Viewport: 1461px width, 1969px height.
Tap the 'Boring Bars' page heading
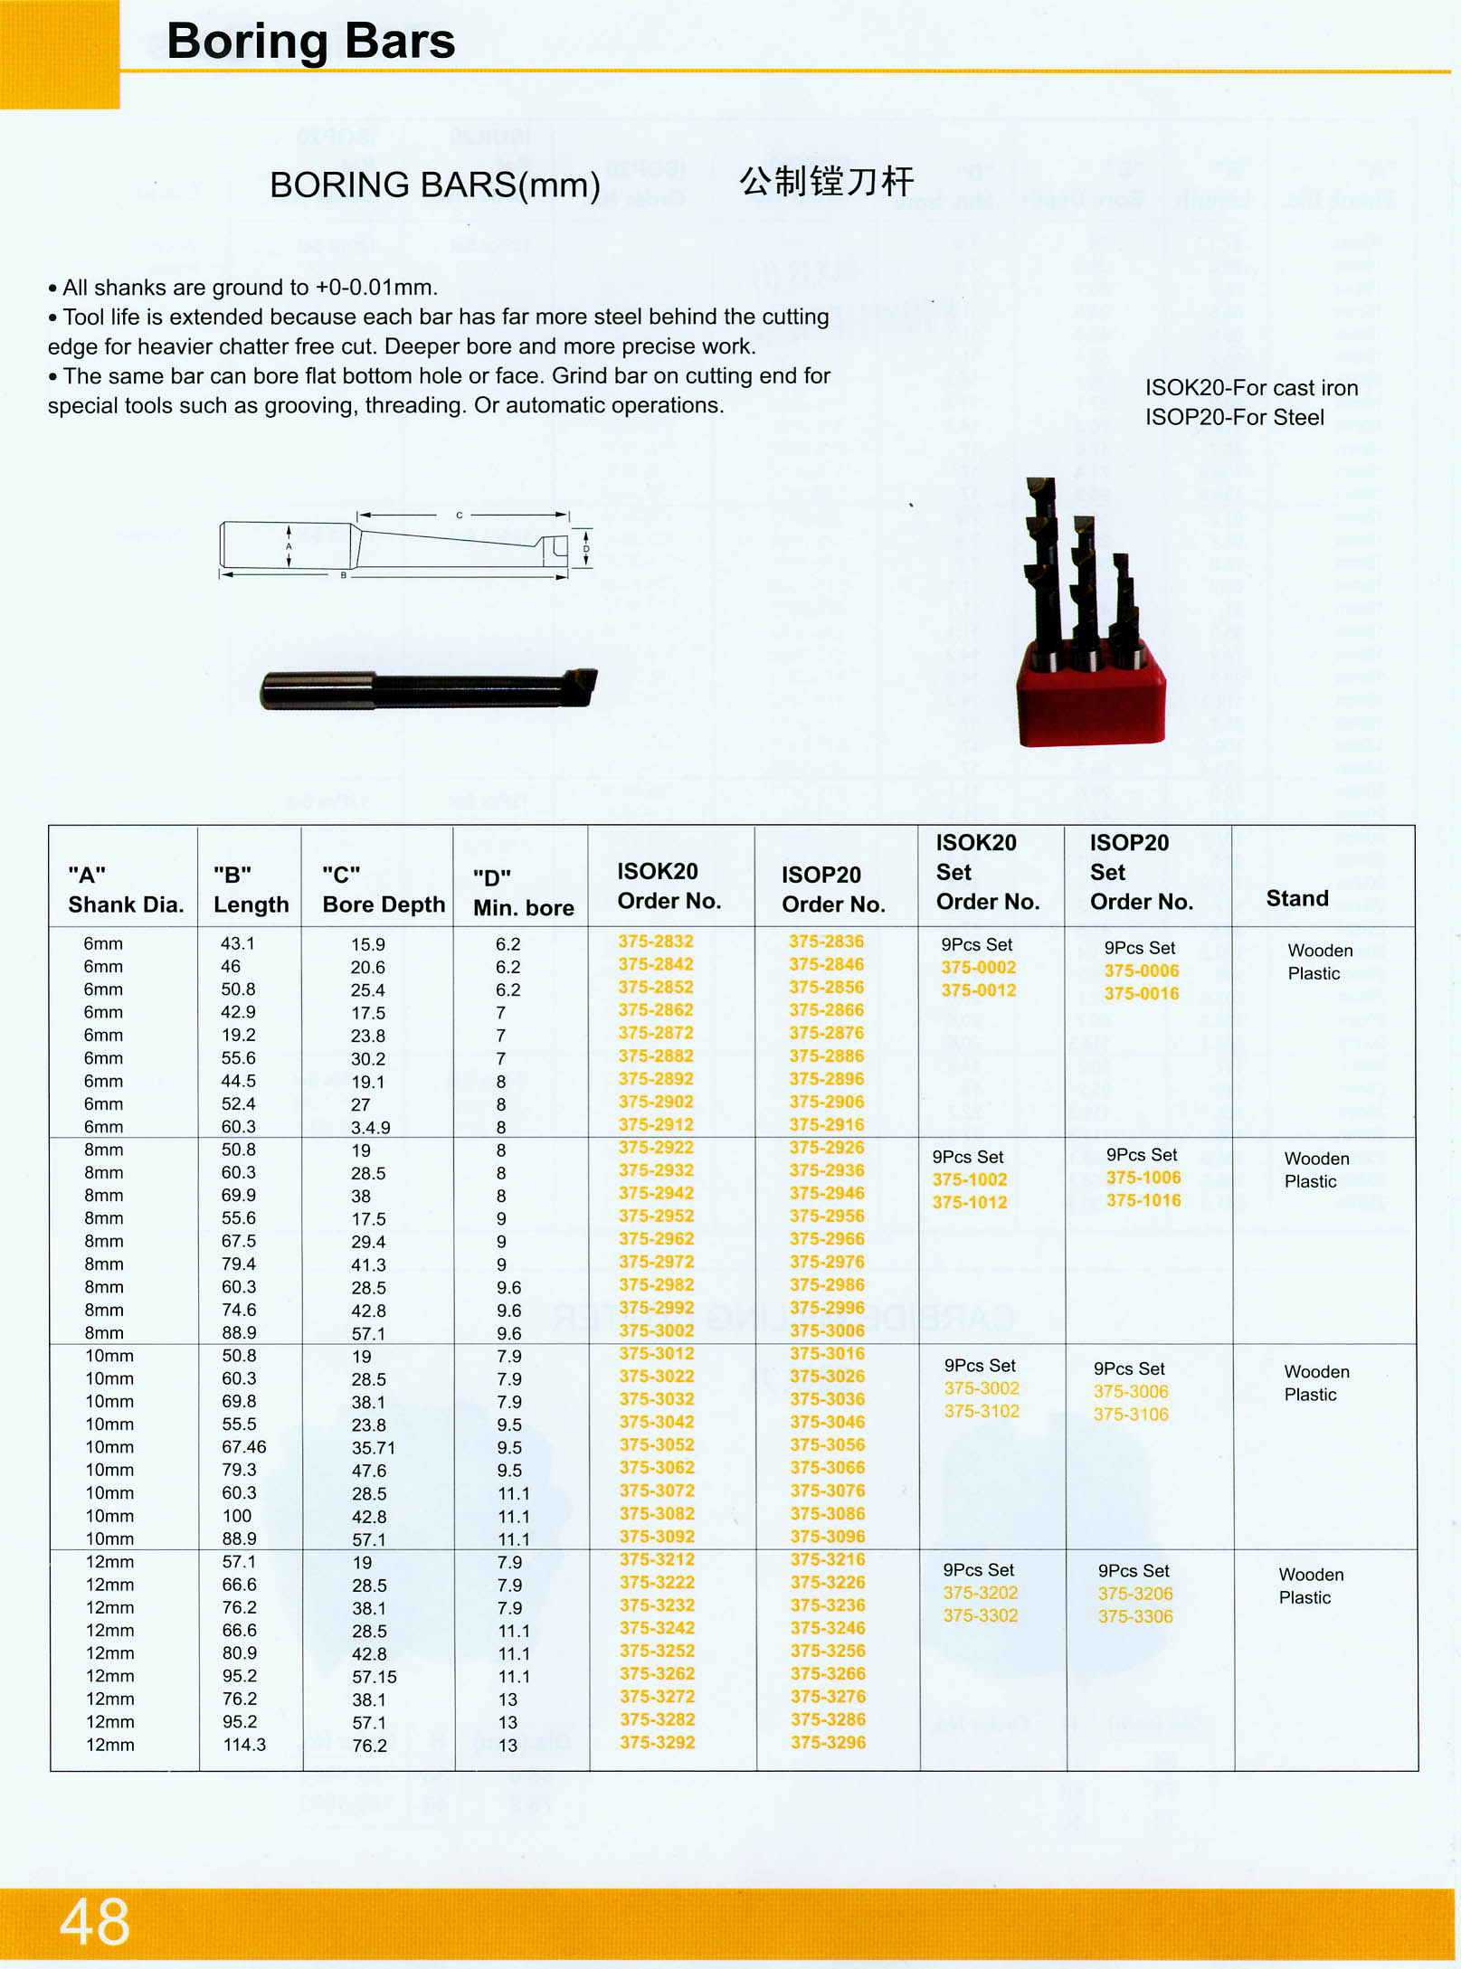pos(310,42)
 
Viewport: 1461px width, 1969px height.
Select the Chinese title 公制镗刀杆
pos(826,182)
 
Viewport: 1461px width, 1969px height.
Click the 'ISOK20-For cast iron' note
pos(1251,388)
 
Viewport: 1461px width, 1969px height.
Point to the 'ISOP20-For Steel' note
pos(1234,418)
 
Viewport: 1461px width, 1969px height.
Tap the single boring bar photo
pos(429,689)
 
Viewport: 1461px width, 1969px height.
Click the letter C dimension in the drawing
pos(460,516)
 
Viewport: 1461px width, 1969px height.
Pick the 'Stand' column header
pos(1296,898)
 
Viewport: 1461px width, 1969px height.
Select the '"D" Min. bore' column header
pos(523,893)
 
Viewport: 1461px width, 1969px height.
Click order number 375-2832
pos(656,942)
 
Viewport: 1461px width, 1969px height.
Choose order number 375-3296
pos(828,1742)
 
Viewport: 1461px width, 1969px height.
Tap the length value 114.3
pos(244,1745)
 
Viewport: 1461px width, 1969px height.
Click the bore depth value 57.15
pos(375,1676)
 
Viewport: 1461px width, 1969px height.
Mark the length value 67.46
pos(244,1447)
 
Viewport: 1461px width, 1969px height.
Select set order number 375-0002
pos(978,968)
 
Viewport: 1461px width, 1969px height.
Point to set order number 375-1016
pos(1143,1201)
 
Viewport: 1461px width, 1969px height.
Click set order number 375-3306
pos(1135,1616)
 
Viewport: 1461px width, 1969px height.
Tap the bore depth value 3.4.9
pos(371,1128)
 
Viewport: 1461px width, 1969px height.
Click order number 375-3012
pos(657,1354)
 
